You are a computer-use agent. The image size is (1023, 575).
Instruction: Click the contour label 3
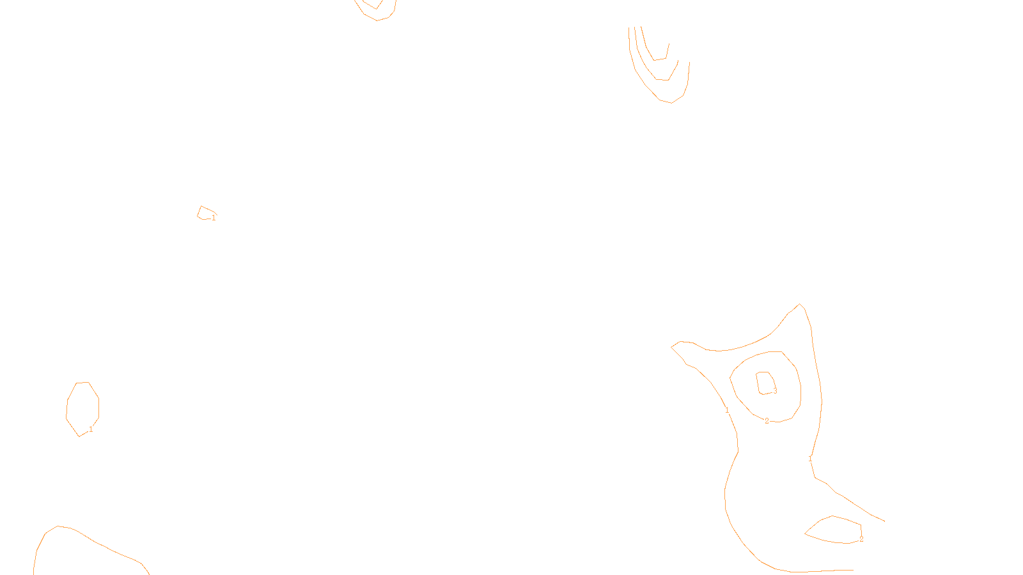click(x=775, y=391)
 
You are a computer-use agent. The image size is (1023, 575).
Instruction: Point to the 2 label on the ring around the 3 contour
click(x=767, y=421)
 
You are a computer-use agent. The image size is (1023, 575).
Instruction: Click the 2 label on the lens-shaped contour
click(x=861, y=539)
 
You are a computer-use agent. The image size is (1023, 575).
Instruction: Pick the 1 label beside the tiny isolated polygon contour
click(x=214, y=218)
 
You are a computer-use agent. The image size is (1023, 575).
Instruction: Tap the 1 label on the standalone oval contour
click(x=91, y=429)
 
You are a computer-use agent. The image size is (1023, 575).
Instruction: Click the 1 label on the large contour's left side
click(x=727, y=410)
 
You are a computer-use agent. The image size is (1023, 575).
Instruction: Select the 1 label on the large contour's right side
click(x=810, y=459)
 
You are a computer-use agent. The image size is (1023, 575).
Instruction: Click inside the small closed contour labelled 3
click(x=765, y=382)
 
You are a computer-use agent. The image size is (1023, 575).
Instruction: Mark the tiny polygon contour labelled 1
click(x=205, y=213)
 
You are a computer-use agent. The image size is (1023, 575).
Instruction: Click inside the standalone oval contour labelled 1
click(x=82, y=408)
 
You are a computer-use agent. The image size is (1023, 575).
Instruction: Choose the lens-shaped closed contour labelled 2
click(x=835, y=530)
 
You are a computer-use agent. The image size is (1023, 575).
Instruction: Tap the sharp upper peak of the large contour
click(x=800, y=305)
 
